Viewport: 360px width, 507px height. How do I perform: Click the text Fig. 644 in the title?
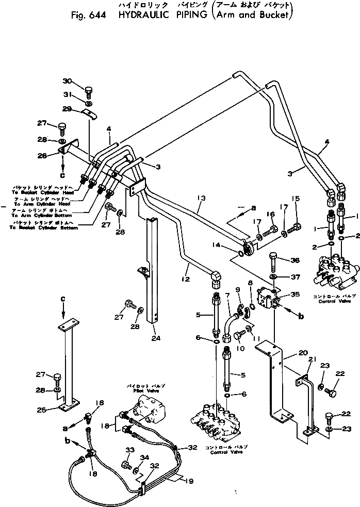pyautogui.click(x=89, y=15)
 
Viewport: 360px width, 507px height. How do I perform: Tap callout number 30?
pyautogui.click(x=68, y=81)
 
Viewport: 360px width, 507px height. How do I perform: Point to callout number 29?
pyautogui.click(x=68, y=108)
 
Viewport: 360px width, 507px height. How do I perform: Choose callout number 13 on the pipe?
pyautogui.click(x=202, y=198)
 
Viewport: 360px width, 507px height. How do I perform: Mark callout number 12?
pyautogui.click(x=186, y=266)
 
